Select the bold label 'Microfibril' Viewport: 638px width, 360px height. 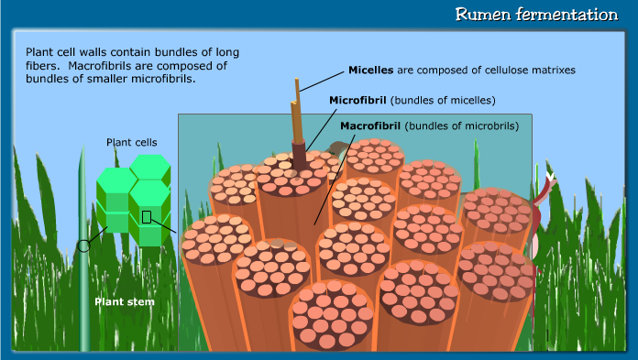[x=357, y=99]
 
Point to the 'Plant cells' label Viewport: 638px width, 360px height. [x=131, y=142]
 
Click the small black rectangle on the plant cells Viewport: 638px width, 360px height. [x=146, y=217]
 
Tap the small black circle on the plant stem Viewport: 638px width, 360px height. [x=83, y=245]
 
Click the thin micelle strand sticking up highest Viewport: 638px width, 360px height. [x=297, y=92]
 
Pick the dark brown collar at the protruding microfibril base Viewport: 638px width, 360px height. [x=300, y=152]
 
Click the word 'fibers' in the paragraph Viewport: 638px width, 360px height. [x=44, y=66]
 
